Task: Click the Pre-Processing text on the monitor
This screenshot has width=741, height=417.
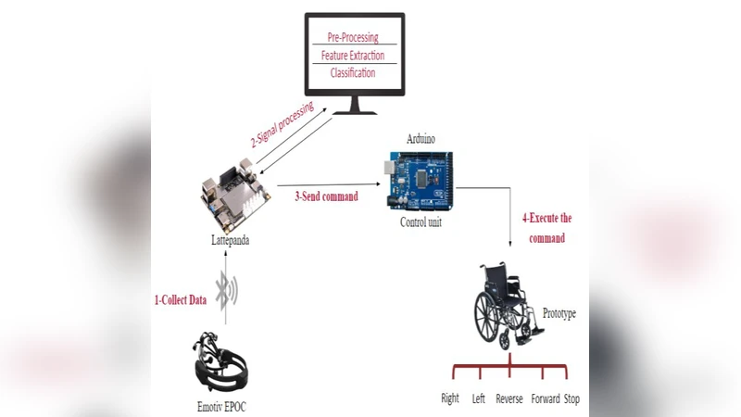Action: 353,37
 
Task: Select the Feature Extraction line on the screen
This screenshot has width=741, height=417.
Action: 352,56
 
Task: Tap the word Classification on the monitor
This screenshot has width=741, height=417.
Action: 353,72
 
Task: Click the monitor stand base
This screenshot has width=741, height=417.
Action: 354,109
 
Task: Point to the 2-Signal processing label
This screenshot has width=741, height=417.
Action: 282,125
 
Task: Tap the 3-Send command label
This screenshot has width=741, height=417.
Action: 326,196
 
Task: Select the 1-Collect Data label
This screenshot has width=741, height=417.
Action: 180,300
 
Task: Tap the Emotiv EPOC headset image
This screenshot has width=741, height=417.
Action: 223,366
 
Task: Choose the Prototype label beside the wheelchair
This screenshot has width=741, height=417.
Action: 559,314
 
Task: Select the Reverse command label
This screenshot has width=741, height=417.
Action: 509,399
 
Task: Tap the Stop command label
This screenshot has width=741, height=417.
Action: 571,399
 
